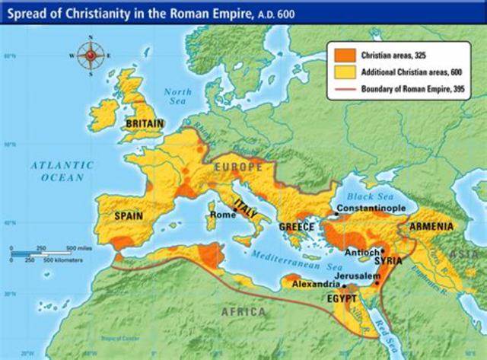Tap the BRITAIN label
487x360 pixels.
pyautogui.click(x=145, y=123)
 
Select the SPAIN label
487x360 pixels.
pyautogui.click(x=129, y=216)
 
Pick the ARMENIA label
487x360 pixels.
pyautogui.click(x=431, y=227)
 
